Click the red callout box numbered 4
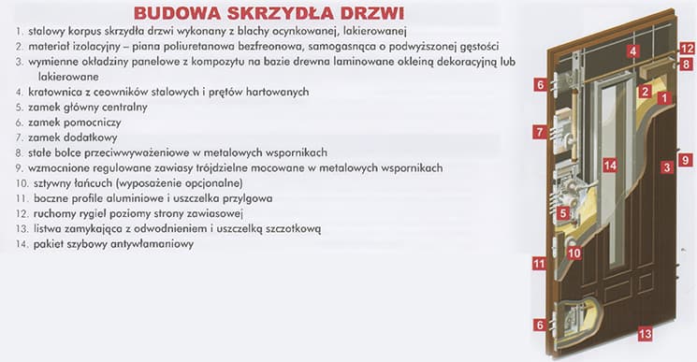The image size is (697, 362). point(634,51)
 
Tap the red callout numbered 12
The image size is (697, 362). point(686,48)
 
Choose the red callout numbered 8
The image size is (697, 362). point(686,64)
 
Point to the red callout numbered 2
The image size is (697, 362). point(645,92)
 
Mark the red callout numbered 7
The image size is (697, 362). point(540,132)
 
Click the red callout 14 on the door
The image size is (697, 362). point(609,166)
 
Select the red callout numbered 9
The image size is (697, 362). point(685,160)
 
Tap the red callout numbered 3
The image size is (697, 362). point(665,167)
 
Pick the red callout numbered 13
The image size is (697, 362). point(644,332)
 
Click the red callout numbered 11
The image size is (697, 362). point(539,264)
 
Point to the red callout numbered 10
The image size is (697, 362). point(574,253)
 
